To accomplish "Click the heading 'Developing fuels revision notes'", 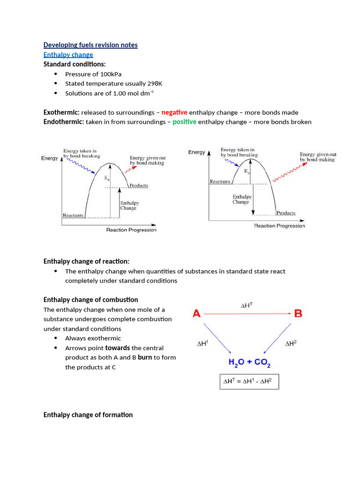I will tap(90, 45).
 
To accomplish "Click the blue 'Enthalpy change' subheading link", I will tap(68, 55).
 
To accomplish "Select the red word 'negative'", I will tap(174, 112).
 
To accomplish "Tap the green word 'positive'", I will tap(184, 122).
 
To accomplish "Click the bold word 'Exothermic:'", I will tap(61, 112).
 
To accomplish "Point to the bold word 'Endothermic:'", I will tap(64, 122).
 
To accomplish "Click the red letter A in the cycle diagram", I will tap(197, 314).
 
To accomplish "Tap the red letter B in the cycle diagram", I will tap(298, 314).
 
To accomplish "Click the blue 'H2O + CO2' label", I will tap(249, 363).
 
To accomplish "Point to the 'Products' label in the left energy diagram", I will tap(139, 186).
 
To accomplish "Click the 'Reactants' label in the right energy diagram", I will tap(220, 181).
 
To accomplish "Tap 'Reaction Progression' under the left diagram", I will tap(131, 230).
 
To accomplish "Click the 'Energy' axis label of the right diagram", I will tap(196, 152).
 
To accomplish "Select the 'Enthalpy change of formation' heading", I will tap(88, 415).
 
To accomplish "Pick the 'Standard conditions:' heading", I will tap(75, 64).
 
